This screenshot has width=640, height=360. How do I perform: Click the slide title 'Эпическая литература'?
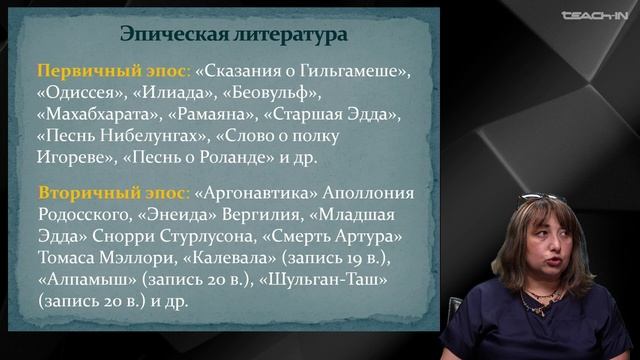tap(235, 34)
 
